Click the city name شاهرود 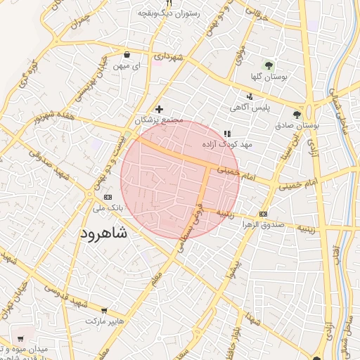point(105,233)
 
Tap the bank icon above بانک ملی point(107,198)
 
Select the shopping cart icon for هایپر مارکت point(104,310)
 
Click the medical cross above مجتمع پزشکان point(159,109)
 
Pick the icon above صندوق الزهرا point(263,214)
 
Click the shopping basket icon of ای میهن point(127,54)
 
